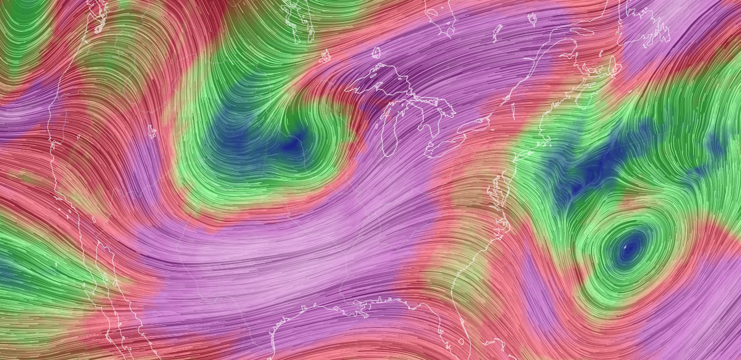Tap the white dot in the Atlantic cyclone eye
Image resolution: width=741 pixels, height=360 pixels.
click(626, 247)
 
